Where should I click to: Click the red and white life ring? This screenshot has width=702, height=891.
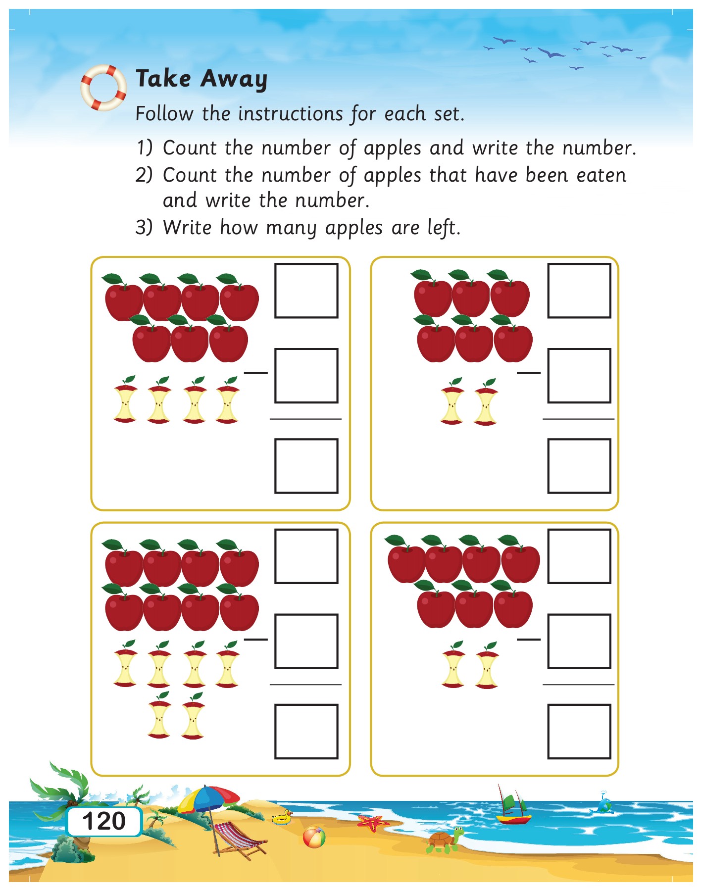(x=103, y=88)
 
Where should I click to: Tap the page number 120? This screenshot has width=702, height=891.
(x=104, y=821)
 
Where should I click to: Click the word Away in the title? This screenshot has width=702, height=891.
(x=234, y=79)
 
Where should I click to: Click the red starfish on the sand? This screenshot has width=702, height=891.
(x=372, y=823)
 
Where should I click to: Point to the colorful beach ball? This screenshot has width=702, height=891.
(x=314, y=838)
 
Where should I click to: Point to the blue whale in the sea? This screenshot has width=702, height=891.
(x=603, y=806)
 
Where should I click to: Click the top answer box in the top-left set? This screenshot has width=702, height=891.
(x=306, y=291)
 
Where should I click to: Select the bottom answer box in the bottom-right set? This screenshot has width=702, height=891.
(x=579, y=731)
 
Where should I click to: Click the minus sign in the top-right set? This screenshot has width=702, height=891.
(x=528, y=372)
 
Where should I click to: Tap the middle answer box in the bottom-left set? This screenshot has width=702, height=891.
(x=306, y=641)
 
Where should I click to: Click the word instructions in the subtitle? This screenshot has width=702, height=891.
(x=290, y=114)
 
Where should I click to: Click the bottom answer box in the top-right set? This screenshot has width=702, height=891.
(x=579, y=466)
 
